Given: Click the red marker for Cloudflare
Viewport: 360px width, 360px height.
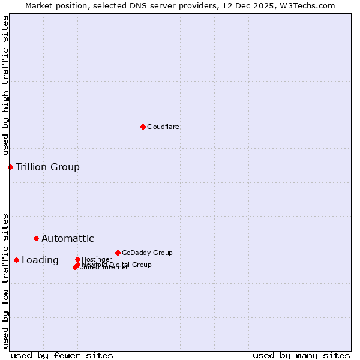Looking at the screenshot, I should point(143,127).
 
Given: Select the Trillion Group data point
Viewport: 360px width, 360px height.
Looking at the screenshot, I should point(10,167).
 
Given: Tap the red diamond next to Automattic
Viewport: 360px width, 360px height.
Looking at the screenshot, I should point(36,238).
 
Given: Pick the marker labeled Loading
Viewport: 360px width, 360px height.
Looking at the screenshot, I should point(16,260).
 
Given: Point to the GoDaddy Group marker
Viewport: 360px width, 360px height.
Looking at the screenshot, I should point(118,253).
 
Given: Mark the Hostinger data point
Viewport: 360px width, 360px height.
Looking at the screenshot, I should point(77,259).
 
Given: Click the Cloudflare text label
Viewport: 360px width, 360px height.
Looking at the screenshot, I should point(163,127).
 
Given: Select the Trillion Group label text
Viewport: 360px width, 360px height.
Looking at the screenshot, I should point(47,167).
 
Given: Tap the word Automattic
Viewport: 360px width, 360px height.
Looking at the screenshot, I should point(67,238).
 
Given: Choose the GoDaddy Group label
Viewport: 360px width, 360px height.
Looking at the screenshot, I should point(147,253).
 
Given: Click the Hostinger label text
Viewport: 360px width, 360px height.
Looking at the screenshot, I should point(97,259).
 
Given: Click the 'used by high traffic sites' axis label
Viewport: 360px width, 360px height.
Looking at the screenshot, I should point(5,85).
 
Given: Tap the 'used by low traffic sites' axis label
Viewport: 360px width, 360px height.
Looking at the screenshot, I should point(5,280).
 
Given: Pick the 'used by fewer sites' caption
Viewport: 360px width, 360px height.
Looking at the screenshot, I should point(62,355).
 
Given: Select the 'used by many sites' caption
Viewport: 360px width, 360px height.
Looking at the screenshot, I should point(301,355).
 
